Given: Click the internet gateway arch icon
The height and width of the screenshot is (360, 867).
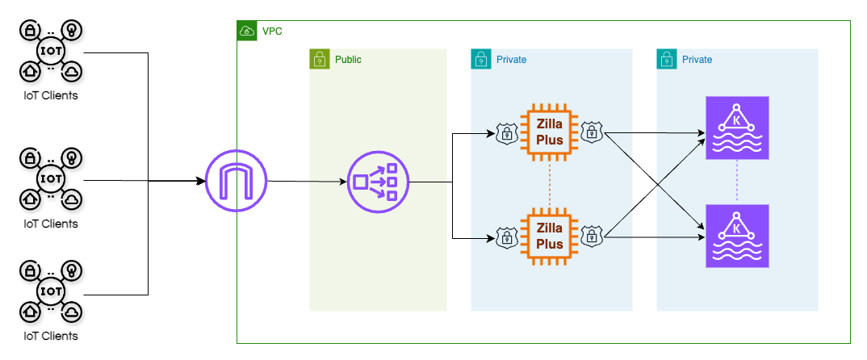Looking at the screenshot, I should coord(237,181).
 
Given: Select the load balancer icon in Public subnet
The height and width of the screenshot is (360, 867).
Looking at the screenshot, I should coord(379,182).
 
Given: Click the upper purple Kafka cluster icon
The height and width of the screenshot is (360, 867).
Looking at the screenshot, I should coord(737,128).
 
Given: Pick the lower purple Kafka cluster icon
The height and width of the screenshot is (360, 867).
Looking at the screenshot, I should coord(737,236).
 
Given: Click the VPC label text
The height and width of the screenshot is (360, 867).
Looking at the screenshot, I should coord(272,31).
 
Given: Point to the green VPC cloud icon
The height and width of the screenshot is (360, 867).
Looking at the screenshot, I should coord(246,31).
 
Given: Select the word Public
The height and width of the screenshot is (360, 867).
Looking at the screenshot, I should coord(348,59).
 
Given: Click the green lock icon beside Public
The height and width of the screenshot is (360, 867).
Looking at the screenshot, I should coord(320,59).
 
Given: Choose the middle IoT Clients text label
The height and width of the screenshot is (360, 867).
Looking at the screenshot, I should coord(51,224).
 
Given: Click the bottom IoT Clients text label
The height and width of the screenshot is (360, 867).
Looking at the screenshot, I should coord(51,335).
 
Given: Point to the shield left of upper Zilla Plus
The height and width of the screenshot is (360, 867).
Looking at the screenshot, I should coord(506,133).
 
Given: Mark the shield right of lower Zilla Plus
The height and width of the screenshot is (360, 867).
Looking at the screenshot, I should coord(593,236).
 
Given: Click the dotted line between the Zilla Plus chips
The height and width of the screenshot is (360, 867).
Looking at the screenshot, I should coord(550,183).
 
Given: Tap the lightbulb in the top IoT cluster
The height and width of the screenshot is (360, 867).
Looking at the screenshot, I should coord(72,31).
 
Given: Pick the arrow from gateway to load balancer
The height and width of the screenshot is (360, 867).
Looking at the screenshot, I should coord(307,182).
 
